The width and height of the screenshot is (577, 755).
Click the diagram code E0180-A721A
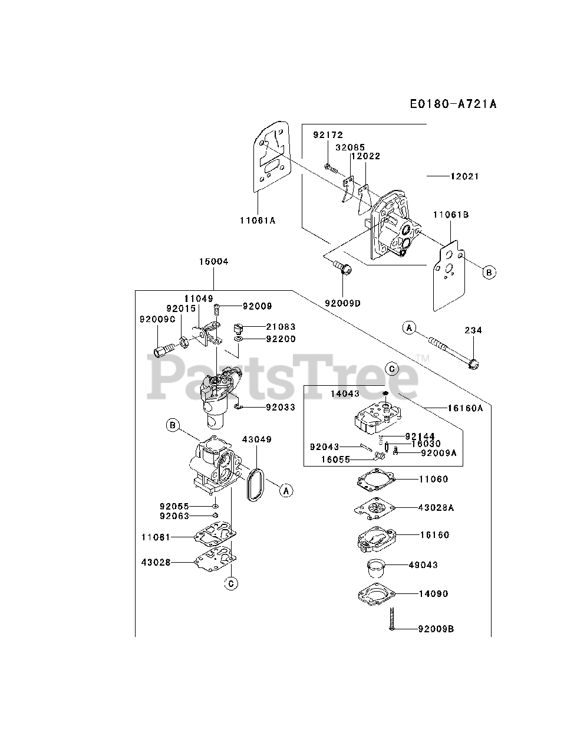453,104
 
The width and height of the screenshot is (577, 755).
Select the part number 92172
328,135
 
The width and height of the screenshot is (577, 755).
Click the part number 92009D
342,303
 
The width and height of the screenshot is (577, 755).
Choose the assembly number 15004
213,261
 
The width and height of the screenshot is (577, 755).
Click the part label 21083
281,326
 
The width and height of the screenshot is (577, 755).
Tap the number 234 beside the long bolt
473,330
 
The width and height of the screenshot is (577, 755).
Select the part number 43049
257,439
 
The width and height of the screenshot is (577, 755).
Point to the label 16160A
466,407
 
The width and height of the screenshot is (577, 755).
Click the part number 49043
423,564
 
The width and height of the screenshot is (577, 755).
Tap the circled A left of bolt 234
409,327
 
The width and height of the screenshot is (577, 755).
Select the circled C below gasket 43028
232,583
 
